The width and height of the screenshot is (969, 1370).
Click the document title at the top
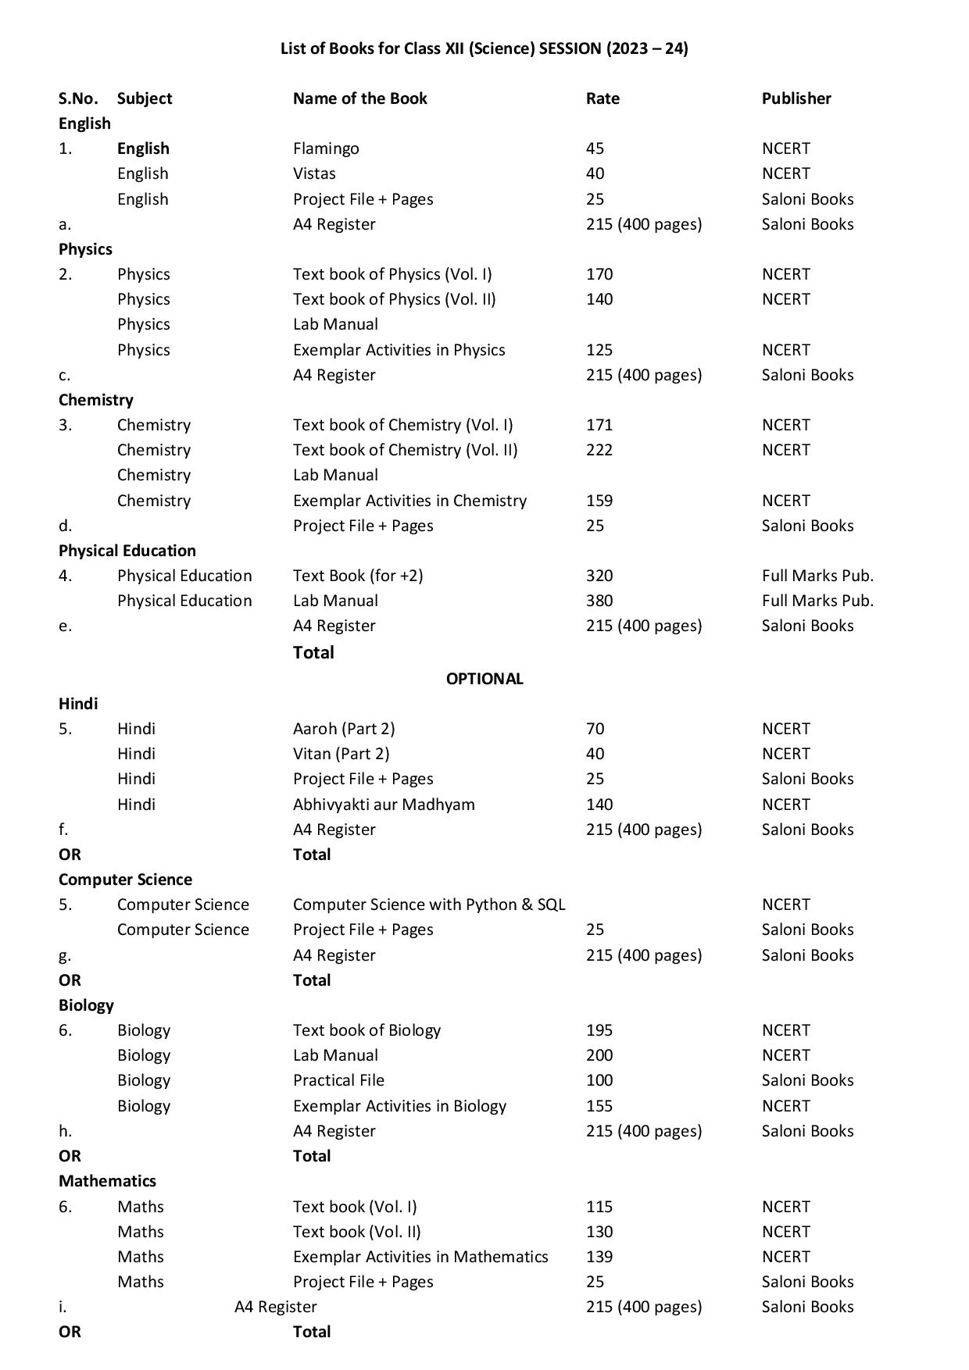pyautogui.click(x=484, y=48)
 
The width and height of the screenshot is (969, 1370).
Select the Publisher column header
pyautogui.click(x=796, y=98)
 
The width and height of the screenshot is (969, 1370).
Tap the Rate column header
pyautogui.click(x=602, y=98)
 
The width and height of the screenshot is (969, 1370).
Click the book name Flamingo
pyautogui.click(x=326, y=148)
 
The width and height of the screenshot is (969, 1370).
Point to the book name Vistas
pyautogui.click(x=314, y=173)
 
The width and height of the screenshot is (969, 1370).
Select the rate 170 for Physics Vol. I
pyautogui.click(x=599, y=274)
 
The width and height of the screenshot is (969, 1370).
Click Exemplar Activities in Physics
pyautogui.click(x=399, y=350)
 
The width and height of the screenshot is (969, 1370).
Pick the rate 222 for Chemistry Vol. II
pyautogui.click(x=599, y=450)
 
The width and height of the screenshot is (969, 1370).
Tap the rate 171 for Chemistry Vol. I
pyautogui.click(x=599, y=425)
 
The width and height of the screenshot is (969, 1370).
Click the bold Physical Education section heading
pyautogui.click(x=127, y=551)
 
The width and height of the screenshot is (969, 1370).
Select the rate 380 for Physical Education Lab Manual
pyautogui.click(x=599, y=601)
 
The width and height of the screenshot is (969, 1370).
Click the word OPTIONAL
pyautogui.click(x=484, y=679)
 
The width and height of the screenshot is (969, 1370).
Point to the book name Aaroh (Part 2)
pyautogui.click(x=344, y=729)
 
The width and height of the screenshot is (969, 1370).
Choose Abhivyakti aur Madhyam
pyautogui.click(x=384, y=805)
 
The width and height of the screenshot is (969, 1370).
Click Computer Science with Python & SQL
pyautogui.click(x=429, y=904)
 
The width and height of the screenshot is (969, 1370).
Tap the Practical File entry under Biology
pyautogui.click(x=338, y=1080)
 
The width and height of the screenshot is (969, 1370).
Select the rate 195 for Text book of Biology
pyautogui.click(x=599, y=1030)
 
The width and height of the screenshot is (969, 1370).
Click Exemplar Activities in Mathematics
pyautogui.click(x=420, y=1257)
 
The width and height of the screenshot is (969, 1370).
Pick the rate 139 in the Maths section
pyautogui.click(x=599, y=1257)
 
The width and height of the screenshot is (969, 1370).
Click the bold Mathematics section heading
pyautogui.click(x=107, y=1181)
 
